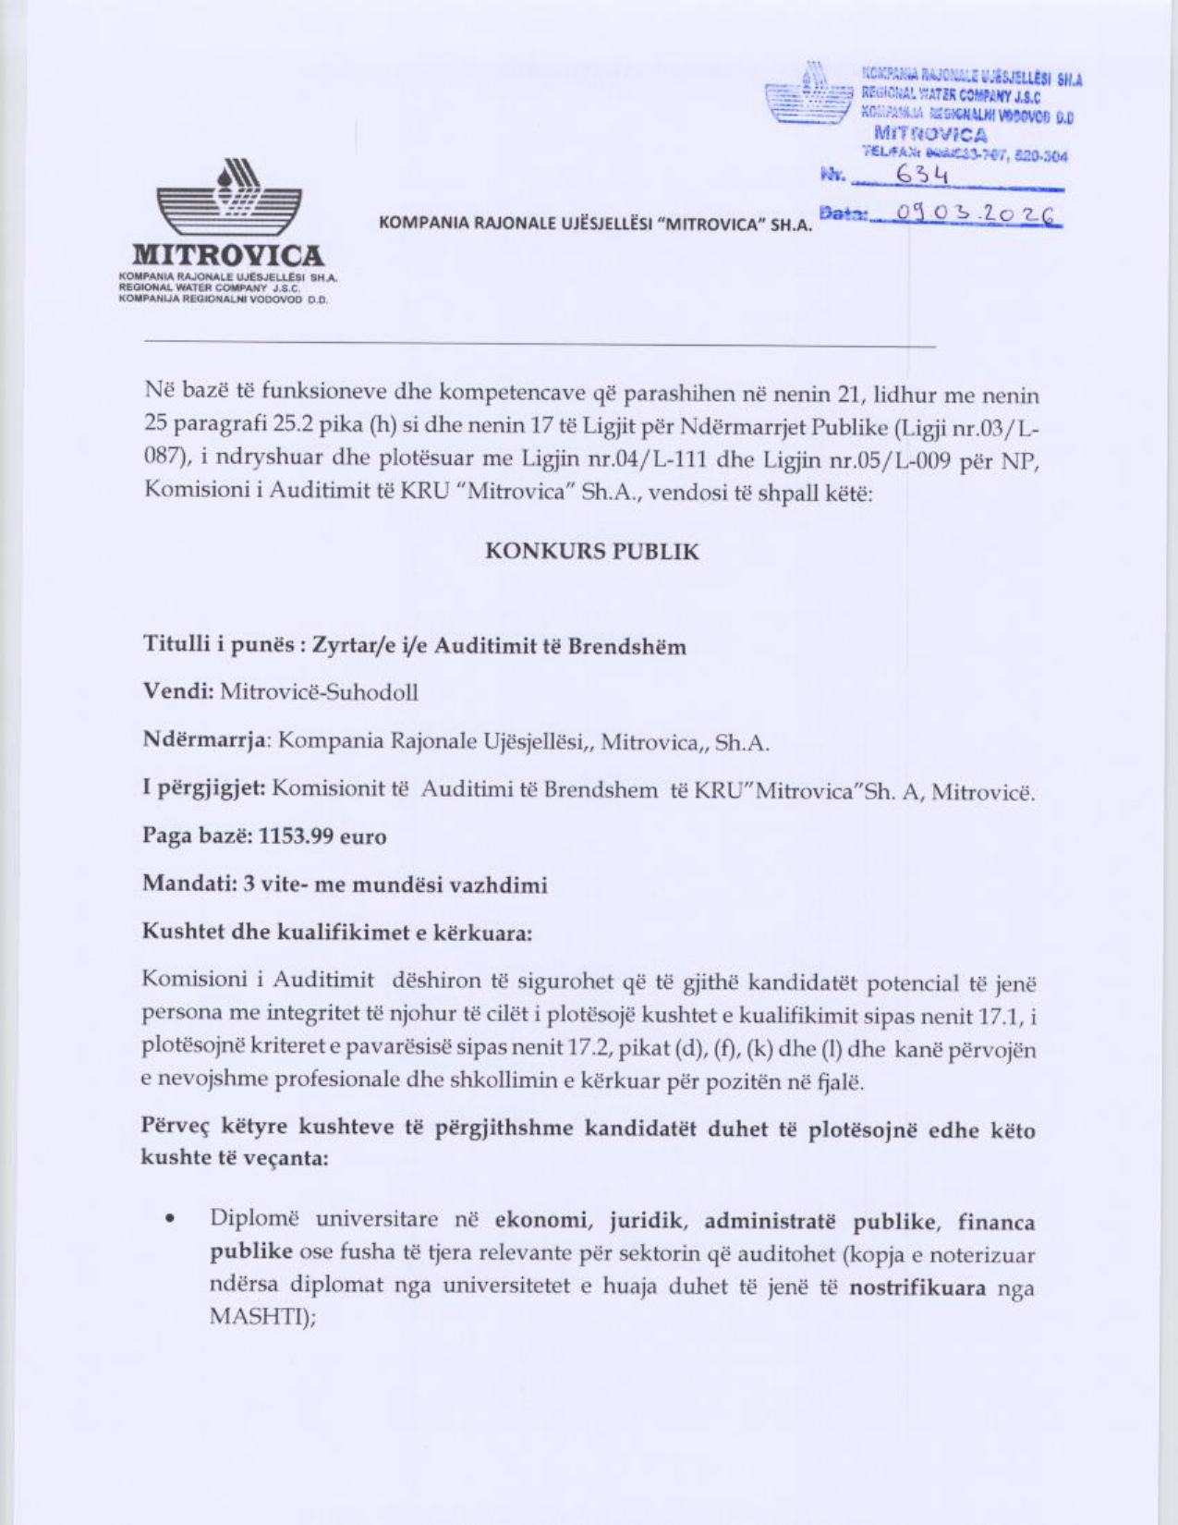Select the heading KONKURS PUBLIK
[592, 552]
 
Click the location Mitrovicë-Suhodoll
[319, 692]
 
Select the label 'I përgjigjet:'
[203, 788]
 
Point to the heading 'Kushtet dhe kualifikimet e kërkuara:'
[336, 932]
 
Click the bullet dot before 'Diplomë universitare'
[170, 1220]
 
